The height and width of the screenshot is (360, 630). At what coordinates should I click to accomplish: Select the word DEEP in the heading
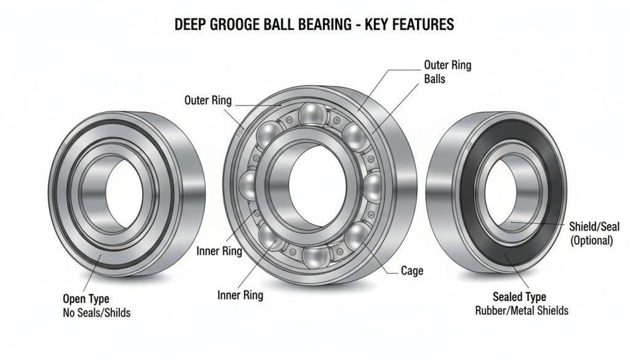click(x=193, y=25)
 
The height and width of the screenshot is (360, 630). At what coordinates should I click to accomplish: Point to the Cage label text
click(x=412, y=270)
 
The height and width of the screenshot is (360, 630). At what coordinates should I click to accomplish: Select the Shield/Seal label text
click(x=591, y=228)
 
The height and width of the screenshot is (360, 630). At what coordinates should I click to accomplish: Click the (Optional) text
click(x=591, y=241)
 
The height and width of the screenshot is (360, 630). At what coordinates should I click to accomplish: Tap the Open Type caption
click(x=86, y=299)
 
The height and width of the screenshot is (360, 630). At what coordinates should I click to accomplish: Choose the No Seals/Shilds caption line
click(x=97, y=313)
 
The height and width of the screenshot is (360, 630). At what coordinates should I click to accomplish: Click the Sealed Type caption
click(x=519, y=297)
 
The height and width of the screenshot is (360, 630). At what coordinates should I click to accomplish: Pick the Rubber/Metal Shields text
click(x=521, y=311)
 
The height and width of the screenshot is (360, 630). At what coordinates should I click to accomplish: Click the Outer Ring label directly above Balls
click(x=448, y=65)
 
